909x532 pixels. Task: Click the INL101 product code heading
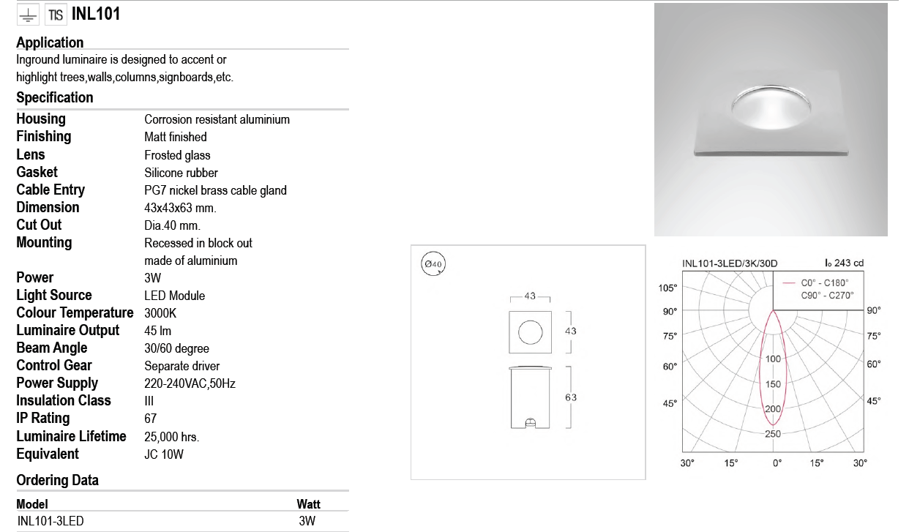point(96,14)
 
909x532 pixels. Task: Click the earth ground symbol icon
point(28,15)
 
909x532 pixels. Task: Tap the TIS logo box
point(56,15)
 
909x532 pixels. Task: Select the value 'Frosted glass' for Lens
point(177,155)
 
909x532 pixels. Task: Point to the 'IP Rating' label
point(43,419)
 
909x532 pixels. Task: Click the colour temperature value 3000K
point(160,313)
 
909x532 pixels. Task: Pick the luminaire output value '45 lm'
point(158,331)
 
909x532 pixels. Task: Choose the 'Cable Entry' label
point(50,190)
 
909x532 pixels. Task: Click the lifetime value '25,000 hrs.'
point(172,437)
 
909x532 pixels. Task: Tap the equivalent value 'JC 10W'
point(164,454)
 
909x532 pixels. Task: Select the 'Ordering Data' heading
point(57,481)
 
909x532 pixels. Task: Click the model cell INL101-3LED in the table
point(50,521)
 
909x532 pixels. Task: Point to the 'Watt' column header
point(308,504)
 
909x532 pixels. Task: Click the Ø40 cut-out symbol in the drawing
point(433,263)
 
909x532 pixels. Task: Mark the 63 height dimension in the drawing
point(571,397)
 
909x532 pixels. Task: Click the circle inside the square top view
point(530,331)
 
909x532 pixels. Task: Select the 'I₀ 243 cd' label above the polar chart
point(844,263)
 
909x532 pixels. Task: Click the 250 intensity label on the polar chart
point(773,434)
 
